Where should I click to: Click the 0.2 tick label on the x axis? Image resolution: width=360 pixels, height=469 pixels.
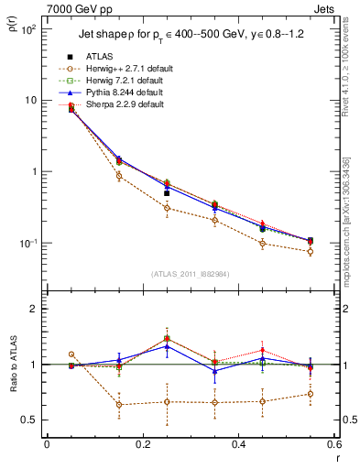142,446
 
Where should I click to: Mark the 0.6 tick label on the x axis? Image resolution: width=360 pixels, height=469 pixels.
333,446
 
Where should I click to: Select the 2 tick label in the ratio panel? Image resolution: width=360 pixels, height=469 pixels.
35,310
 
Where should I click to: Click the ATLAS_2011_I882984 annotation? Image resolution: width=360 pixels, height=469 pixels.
189,274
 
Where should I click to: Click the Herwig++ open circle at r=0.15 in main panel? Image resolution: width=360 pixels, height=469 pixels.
119,176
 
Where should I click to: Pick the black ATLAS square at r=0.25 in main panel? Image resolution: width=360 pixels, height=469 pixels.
167,193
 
